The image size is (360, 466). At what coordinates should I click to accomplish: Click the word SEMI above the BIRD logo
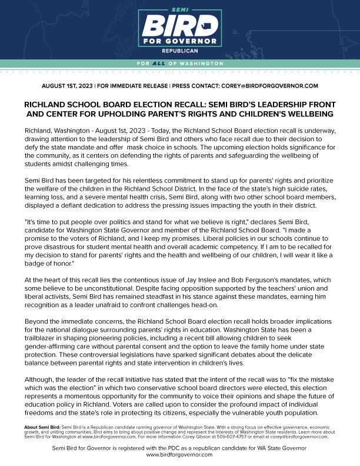tap(180, 10)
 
